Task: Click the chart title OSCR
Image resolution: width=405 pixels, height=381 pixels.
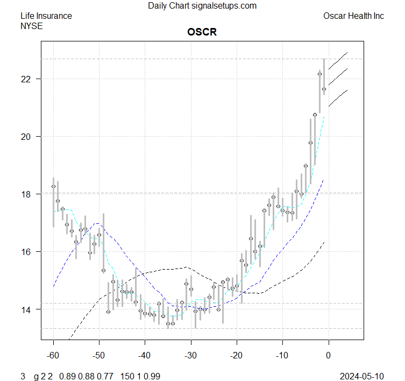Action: [x=202, y=32]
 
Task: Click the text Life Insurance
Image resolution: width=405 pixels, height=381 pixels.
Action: [x=46, y=16]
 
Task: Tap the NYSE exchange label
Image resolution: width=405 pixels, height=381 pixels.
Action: [x=31, y=25]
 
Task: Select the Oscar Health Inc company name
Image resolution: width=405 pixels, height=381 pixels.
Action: [x=353, y=16]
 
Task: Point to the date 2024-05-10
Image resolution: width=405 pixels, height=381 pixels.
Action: [x=362, y=376]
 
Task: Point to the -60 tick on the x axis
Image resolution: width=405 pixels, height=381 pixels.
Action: [x=53, y=355]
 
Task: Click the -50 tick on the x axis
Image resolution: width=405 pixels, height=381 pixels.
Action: [x=99, y=355]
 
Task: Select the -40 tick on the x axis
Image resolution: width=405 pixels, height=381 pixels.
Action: [x=145, y=355]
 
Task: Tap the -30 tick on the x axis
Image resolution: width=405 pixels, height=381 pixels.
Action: [x=190, y=355]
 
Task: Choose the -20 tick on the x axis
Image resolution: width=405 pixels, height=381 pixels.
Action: [x=236, y=355]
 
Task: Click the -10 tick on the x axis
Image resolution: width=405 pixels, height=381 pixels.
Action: [x=282, y=355]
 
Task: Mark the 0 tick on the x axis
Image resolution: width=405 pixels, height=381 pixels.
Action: [x=328, y=355]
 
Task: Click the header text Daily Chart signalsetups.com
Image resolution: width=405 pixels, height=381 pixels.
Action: [x=202, y=6]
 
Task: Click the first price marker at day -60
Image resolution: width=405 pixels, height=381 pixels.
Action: [x=53, y=186]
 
